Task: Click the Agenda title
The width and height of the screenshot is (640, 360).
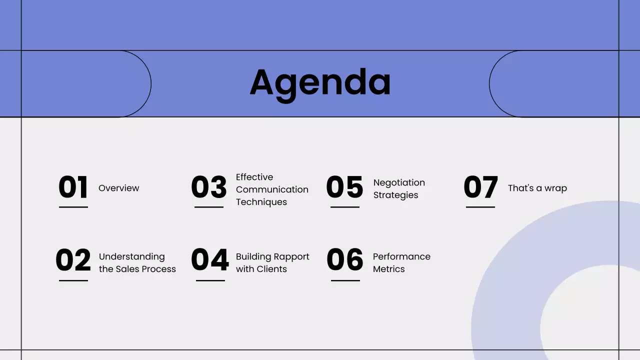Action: click(320, 82)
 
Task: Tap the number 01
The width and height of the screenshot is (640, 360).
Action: click(73, 187)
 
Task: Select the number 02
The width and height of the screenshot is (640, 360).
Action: click(73, 260)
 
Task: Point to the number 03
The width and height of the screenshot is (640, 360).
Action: click(209, 187)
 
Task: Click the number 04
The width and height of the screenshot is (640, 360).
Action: click(209, 260)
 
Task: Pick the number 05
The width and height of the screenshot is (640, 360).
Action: click(344, 187)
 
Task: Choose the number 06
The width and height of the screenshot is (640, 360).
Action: click(345, 260)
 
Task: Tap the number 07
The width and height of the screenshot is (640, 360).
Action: click(480, 187)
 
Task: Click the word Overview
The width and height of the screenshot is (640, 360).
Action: click(119, 188)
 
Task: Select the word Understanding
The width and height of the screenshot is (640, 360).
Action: click(131, 256)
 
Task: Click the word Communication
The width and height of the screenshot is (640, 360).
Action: click(272, 189)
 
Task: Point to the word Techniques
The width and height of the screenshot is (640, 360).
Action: click(261, 202)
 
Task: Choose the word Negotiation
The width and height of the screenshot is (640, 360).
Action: click(399, 183)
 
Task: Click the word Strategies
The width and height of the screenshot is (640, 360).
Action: click(395, 195)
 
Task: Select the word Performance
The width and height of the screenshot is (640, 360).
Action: click(401, 256)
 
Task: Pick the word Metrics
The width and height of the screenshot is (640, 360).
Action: click(388, 269)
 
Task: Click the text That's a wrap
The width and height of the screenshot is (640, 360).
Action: click(537, 188)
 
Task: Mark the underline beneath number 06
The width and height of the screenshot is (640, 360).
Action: click(345, 280)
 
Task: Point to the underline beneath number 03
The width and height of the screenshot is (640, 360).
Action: click(209, 207)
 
